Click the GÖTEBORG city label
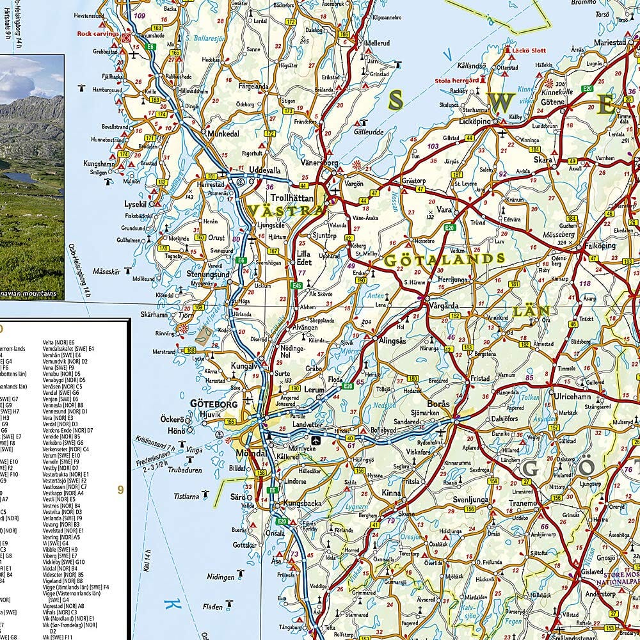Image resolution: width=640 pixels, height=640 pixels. point(214,404)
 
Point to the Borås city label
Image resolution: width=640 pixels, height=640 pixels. point(438,404)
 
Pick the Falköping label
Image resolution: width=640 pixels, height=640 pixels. point(600,246)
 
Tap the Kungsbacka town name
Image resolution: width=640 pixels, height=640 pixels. point(303,504)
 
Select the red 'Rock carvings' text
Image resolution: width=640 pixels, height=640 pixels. point(98,33)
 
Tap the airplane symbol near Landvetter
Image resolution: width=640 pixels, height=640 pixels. point(316,440)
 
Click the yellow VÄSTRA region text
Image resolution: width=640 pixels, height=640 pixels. point(285,211)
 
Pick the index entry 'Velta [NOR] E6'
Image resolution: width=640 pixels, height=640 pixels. point(58,342)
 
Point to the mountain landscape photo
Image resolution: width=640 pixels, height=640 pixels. point(32,173)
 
